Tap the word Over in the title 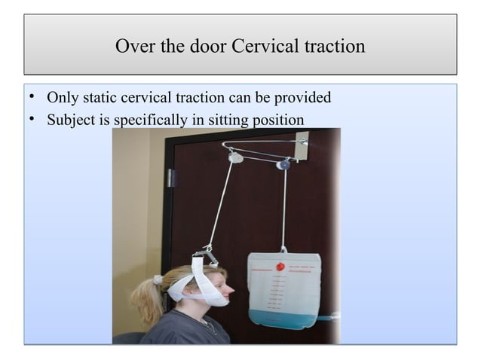pos(133,47)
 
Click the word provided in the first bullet pos(303,98)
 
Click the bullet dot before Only pos(32,98)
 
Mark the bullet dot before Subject pos(32,120)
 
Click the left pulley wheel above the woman pos(236,158)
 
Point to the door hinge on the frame pos(172,178)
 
